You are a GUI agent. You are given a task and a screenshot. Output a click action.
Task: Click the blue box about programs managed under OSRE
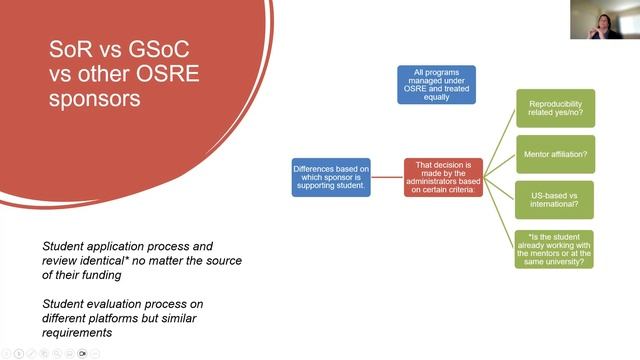point(436,84)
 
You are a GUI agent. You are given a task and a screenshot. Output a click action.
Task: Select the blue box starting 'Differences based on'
point(331,177)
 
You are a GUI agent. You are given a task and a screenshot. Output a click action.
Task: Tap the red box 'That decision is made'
point(443,177)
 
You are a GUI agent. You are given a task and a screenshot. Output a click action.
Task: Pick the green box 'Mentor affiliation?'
point(555,154)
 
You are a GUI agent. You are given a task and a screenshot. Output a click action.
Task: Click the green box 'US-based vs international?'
point(555,199)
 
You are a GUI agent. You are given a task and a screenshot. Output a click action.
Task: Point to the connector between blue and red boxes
point(387,177)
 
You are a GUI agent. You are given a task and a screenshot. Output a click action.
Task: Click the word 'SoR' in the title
point(72,49)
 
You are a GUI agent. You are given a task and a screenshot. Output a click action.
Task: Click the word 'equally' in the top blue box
point(436,97)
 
